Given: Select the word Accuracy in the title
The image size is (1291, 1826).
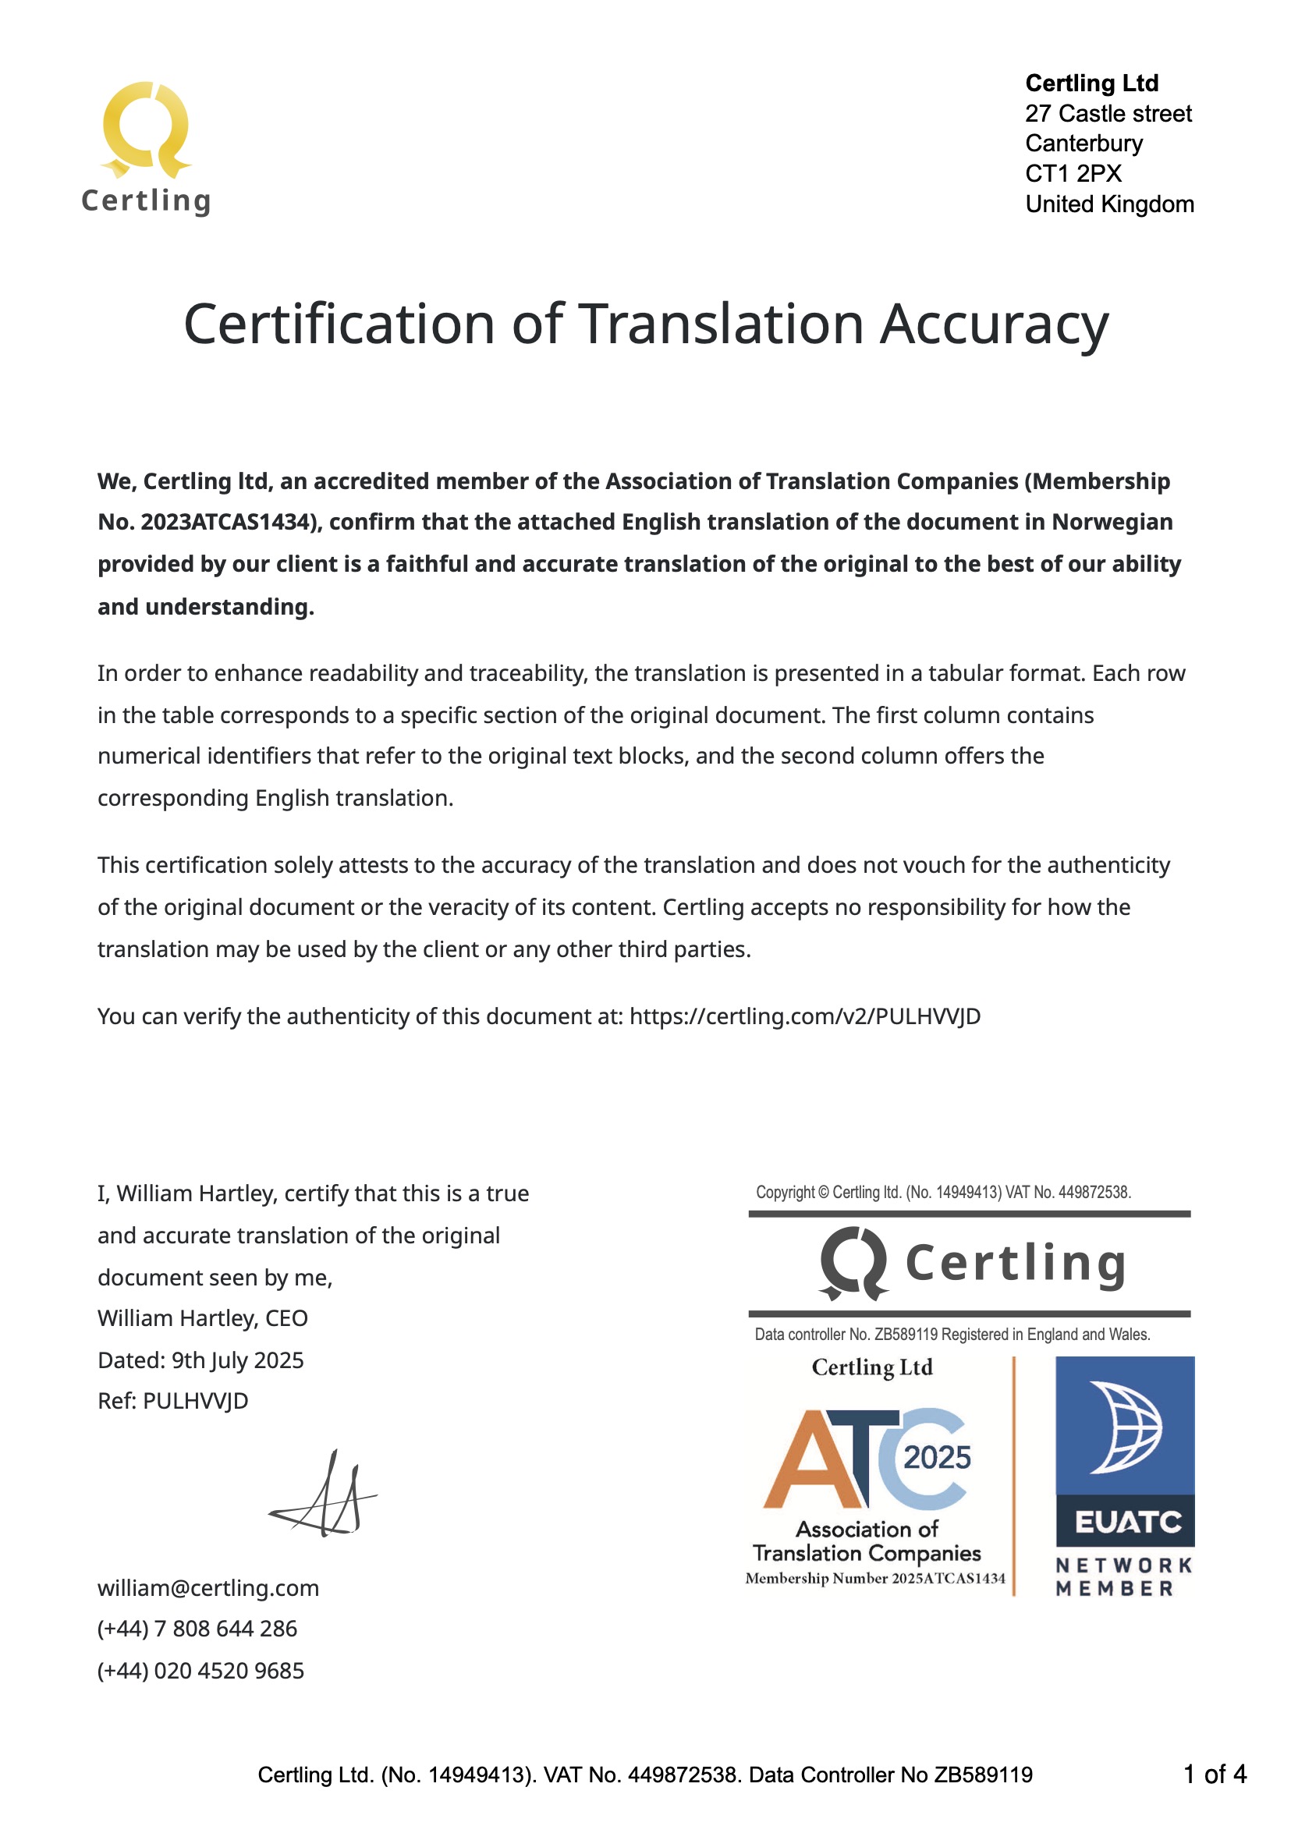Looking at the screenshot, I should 994,324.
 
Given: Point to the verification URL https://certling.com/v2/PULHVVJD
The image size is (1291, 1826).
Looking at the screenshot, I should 804,1016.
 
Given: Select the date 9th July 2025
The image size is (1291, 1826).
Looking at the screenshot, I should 238,1360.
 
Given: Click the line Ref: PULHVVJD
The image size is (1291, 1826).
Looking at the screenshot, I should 172,1401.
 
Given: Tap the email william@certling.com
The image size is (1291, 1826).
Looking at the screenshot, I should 207,1587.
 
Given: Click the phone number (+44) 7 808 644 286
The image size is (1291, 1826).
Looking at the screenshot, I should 197,1629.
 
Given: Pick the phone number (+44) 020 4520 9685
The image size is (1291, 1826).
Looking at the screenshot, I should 200,1670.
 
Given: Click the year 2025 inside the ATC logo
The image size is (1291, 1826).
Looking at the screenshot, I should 937,1458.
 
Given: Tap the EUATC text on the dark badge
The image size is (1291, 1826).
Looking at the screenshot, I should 1128,1523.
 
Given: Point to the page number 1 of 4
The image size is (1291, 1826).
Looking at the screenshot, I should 1214,1775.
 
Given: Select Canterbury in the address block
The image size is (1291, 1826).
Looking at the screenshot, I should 1084,144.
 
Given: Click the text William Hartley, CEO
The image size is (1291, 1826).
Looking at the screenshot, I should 202,1318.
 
